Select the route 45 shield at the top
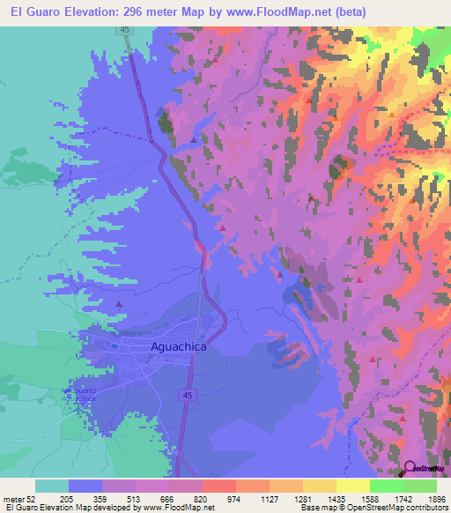125,31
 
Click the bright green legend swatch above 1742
386,486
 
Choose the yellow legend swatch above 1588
352,486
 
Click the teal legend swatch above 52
52,486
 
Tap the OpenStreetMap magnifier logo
410,467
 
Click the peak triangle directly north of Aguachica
120,305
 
